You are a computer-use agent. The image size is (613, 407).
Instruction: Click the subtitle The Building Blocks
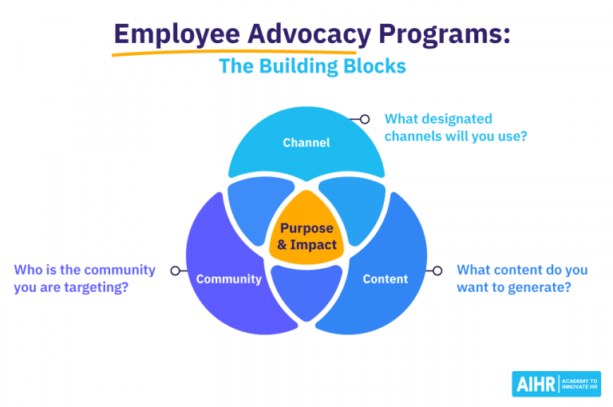point(312,66)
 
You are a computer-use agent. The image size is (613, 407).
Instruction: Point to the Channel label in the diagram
point(306,143)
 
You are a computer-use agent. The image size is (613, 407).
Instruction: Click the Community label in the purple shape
point(229,279)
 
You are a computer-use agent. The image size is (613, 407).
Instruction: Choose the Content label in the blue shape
point(385,279)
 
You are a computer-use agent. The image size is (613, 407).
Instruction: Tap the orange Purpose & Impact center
point(306,236)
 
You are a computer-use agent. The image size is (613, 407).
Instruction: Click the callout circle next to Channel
point(365,119)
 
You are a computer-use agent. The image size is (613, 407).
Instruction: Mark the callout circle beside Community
point(174,271)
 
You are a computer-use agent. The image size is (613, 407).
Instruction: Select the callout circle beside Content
point(437,271)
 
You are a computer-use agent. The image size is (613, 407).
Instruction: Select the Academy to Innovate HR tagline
point(580,384)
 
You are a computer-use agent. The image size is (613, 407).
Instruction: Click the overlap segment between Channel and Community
point(250,209)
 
